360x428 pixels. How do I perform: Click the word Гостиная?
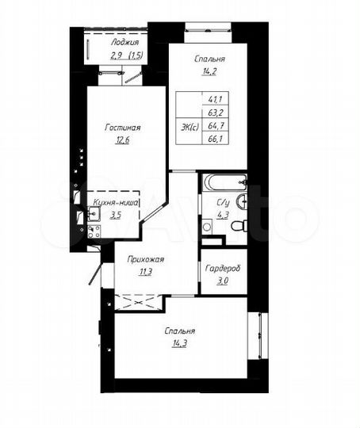tap(123, 127)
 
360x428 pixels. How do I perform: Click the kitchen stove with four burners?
tap(93, 231)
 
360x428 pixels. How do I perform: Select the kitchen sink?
tap(92, 212)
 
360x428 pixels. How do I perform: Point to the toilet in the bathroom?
tap(237, 227)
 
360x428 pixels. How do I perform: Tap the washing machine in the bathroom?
tap(208, 227)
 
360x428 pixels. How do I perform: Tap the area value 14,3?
tap(181, 346)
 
